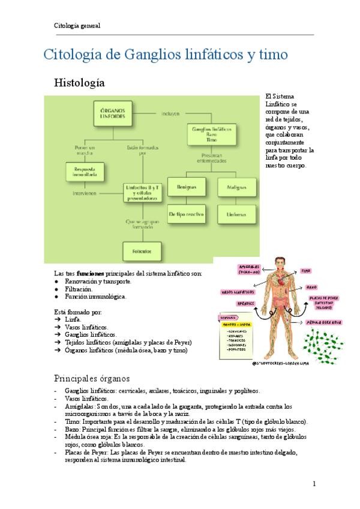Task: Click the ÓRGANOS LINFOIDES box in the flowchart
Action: [112, 113]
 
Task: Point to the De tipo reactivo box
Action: [186, 213]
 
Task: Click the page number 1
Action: [314, 484]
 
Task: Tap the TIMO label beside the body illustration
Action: [306, 271]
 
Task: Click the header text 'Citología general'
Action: [77, 26]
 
